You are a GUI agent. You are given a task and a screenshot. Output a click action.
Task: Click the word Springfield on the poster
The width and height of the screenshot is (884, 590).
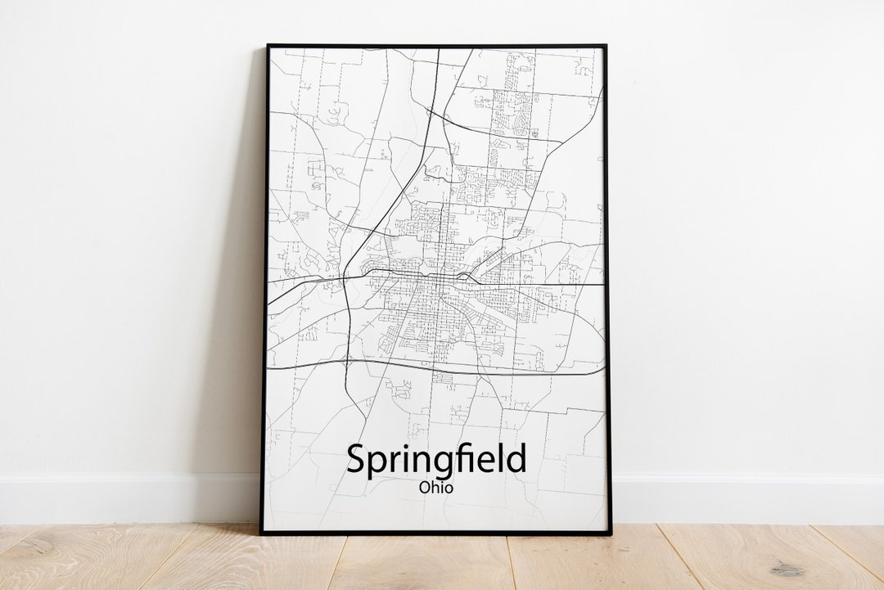435,460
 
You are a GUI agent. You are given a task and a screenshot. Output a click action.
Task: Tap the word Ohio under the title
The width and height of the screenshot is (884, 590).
435,488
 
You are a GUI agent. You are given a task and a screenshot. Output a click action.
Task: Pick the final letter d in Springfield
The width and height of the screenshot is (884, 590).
516,458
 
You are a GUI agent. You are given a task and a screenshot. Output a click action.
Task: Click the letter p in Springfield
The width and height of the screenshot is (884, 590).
374,464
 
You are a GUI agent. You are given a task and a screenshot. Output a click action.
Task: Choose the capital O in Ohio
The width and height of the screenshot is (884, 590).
424,488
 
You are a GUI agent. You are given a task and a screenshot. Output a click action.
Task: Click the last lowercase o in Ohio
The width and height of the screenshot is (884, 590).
448,489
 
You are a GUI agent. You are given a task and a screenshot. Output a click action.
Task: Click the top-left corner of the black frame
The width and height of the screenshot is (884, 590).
267,45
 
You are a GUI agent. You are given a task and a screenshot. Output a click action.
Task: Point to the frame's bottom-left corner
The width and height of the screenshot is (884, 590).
261,534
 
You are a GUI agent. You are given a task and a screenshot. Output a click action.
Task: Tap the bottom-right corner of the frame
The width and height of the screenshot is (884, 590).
611,534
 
